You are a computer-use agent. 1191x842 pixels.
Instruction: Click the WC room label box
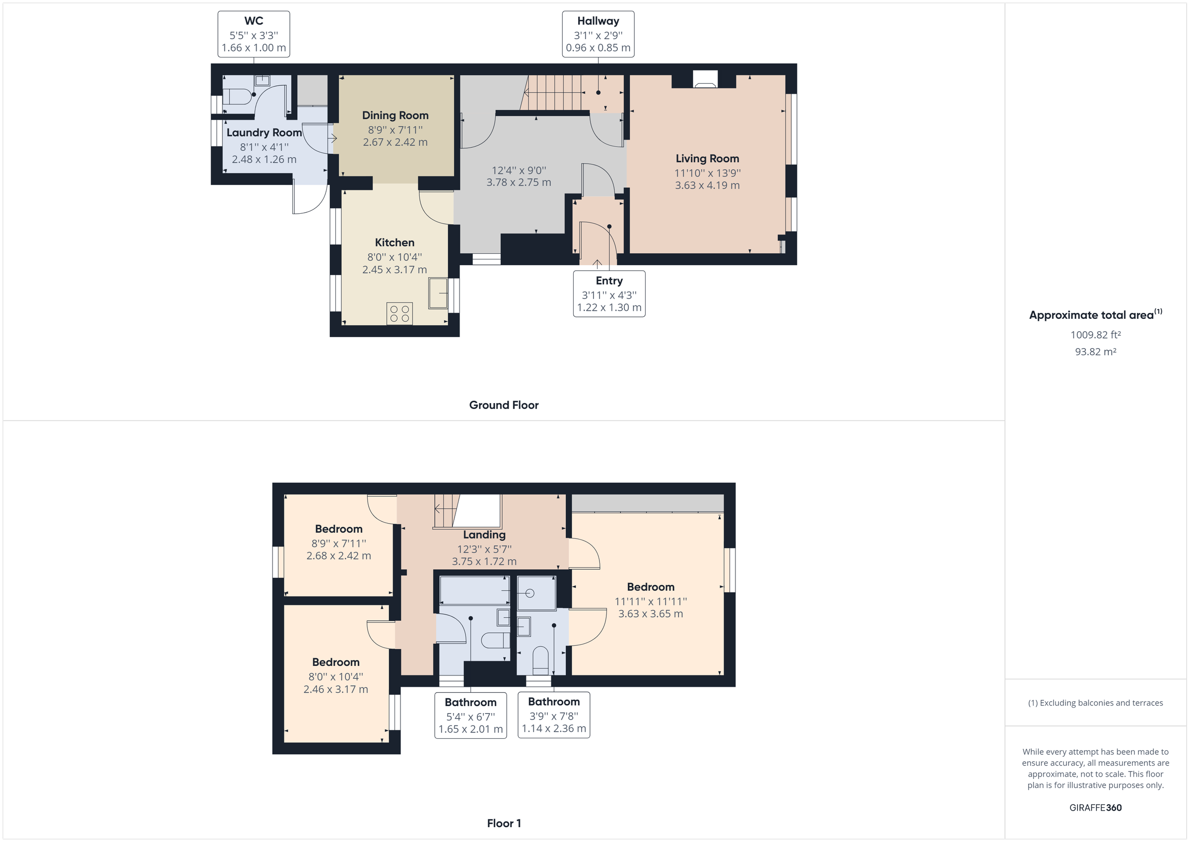(x=254, y=34)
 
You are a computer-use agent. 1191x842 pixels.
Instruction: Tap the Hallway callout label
(x=598, y=34)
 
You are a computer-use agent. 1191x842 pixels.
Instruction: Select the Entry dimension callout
(x=609, y=294)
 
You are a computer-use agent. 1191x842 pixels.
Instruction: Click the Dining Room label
(x=396, y=116)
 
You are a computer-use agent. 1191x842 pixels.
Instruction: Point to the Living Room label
(x=707, y=159)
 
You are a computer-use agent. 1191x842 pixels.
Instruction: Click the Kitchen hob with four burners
(x=399, y=314)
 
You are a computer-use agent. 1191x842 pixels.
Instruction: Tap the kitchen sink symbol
(x=438, y=293)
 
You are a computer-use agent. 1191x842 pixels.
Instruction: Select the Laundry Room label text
(x=264, y=133)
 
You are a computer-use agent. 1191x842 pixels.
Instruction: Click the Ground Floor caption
(x=504, y=406)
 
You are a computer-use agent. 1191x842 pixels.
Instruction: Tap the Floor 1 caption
(x=504, y=823)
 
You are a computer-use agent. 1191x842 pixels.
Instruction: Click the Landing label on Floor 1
(x=484, y=535)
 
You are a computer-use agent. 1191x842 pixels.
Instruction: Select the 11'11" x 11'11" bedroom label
(x=651, y=601)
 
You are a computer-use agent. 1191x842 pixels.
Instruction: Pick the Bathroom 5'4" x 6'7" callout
(x=470, y=716)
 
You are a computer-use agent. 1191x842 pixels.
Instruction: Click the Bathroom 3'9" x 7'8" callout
(x=554, y=715)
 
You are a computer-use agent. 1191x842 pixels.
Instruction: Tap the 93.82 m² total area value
(x=1096, y=352)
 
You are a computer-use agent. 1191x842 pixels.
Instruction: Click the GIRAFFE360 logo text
(x=1096, y=808)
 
